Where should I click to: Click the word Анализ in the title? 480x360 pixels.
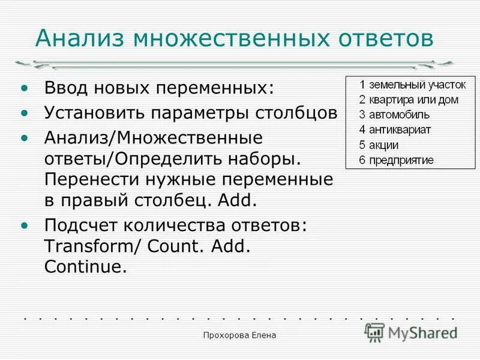coord(80,39)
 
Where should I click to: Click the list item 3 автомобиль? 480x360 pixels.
coord(394,114)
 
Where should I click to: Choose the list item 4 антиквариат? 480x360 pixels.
coord(395,129)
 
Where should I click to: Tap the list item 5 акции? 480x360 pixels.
coord(379,145)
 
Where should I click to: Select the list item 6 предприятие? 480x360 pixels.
coord(396,160)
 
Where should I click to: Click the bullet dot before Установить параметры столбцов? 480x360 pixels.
coord(24,113)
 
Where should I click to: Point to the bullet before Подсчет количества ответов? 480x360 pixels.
coord(24,226)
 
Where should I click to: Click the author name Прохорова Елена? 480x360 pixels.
coord(239,337)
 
